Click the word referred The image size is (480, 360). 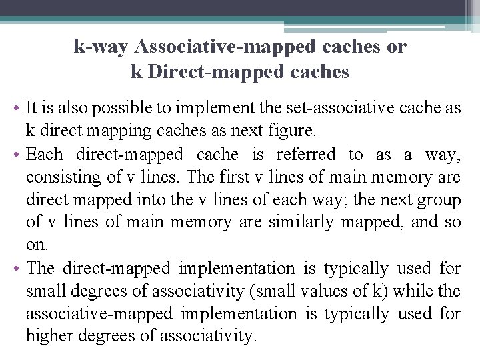pyautogui.click(x=308, y=155)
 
